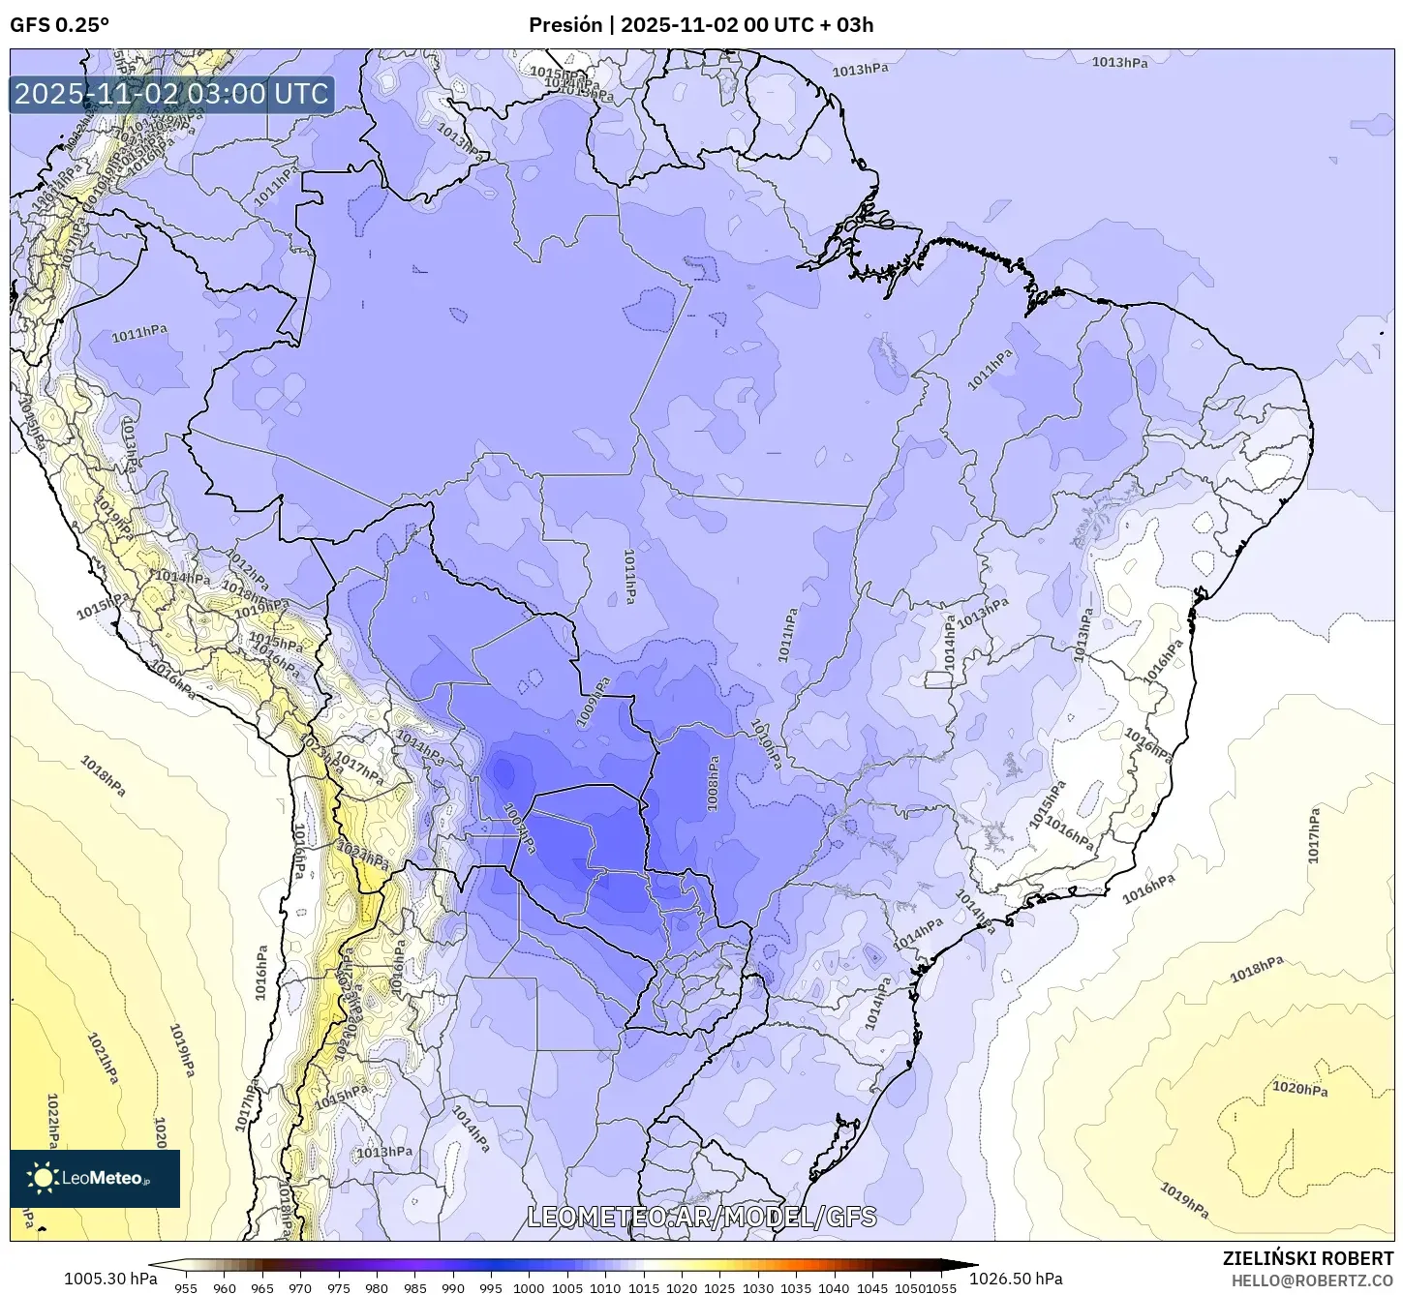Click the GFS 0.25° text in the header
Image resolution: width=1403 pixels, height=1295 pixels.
coord(59,25)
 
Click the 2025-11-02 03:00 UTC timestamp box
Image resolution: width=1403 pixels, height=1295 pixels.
coord(171,94)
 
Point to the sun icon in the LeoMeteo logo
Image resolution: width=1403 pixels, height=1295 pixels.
coord(43,1178)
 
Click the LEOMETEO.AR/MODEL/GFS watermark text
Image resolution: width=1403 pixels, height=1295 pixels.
coord(702,1217)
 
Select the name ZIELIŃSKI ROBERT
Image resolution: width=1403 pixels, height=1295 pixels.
coord(1308,1259)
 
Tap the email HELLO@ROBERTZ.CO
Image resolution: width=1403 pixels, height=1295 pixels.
coord(1312,1280)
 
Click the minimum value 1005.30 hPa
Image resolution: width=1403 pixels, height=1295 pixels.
coord(110,1279)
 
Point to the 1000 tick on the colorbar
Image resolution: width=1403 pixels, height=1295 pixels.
coord(529,1287)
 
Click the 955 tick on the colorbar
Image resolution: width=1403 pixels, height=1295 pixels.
coord(186,1287)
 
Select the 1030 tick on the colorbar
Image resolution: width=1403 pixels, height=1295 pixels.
coord(758,1287)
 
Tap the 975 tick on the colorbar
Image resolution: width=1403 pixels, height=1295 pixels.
coord(338,1287)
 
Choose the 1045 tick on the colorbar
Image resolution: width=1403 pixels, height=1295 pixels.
coord(872,1287)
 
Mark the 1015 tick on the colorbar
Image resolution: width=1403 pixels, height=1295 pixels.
coord(643,1287)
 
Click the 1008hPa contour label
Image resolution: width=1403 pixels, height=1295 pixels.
coord(714,783)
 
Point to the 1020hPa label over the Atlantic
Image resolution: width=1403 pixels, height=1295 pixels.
coord(1299,1089)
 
